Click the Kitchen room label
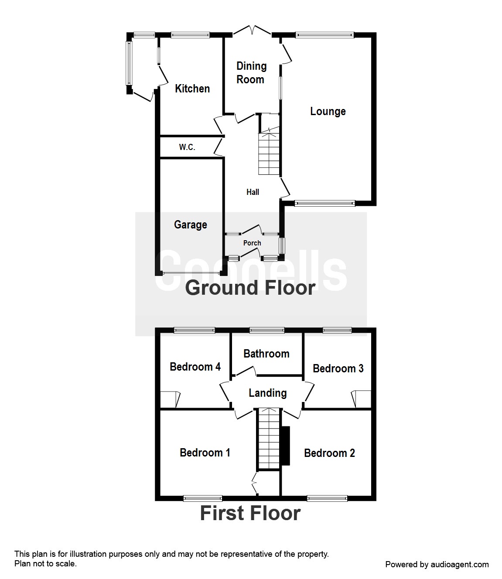point(192,89)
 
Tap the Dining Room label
point(251,73)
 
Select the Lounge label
point(328,111)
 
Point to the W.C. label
point(187,147)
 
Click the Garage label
point(190,225)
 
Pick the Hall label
point(253,192)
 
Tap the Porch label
point(252,243)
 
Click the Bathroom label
point(266,354)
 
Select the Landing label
point(267,393)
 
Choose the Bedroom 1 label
point(205,453)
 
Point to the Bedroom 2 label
point(329,453)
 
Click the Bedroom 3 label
point(338,368)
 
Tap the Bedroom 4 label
point(195,367)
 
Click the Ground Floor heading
point(250,288)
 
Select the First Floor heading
point(250,513)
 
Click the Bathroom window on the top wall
point(266,330)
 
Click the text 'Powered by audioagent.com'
point(437,565)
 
